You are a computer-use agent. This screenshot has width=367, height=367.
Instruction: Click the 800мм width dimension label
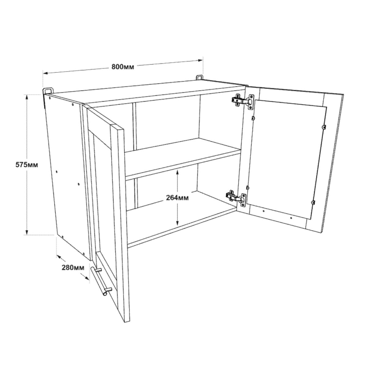[123, 67]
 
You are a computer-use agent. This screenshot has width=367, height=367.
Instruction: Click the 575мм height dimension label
[27, 165]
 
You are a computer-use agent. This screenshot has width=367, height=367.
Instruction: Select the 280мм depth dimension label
[73, 268]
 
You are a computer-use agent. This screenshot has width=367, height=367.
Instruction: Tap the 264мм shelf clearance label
[177, 198]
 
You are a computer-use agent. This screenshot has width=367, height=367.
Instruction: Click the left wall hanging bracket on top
[48, 91]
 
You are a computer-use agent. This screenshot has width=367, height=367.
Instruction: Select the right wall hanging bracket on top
[200, 77]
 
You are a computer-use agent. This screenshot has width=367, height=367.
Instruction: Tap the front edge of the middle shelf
[183, 164]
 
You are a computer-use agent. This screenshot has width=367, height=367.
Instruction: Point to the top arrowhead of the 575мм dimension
[27, 98]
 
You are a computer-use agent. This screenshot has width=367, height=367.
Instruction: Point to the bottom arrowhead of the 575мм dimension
[27, 232]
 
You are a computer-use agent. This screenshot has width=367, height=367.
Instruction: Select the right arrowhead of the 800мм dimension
[200, 61]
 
